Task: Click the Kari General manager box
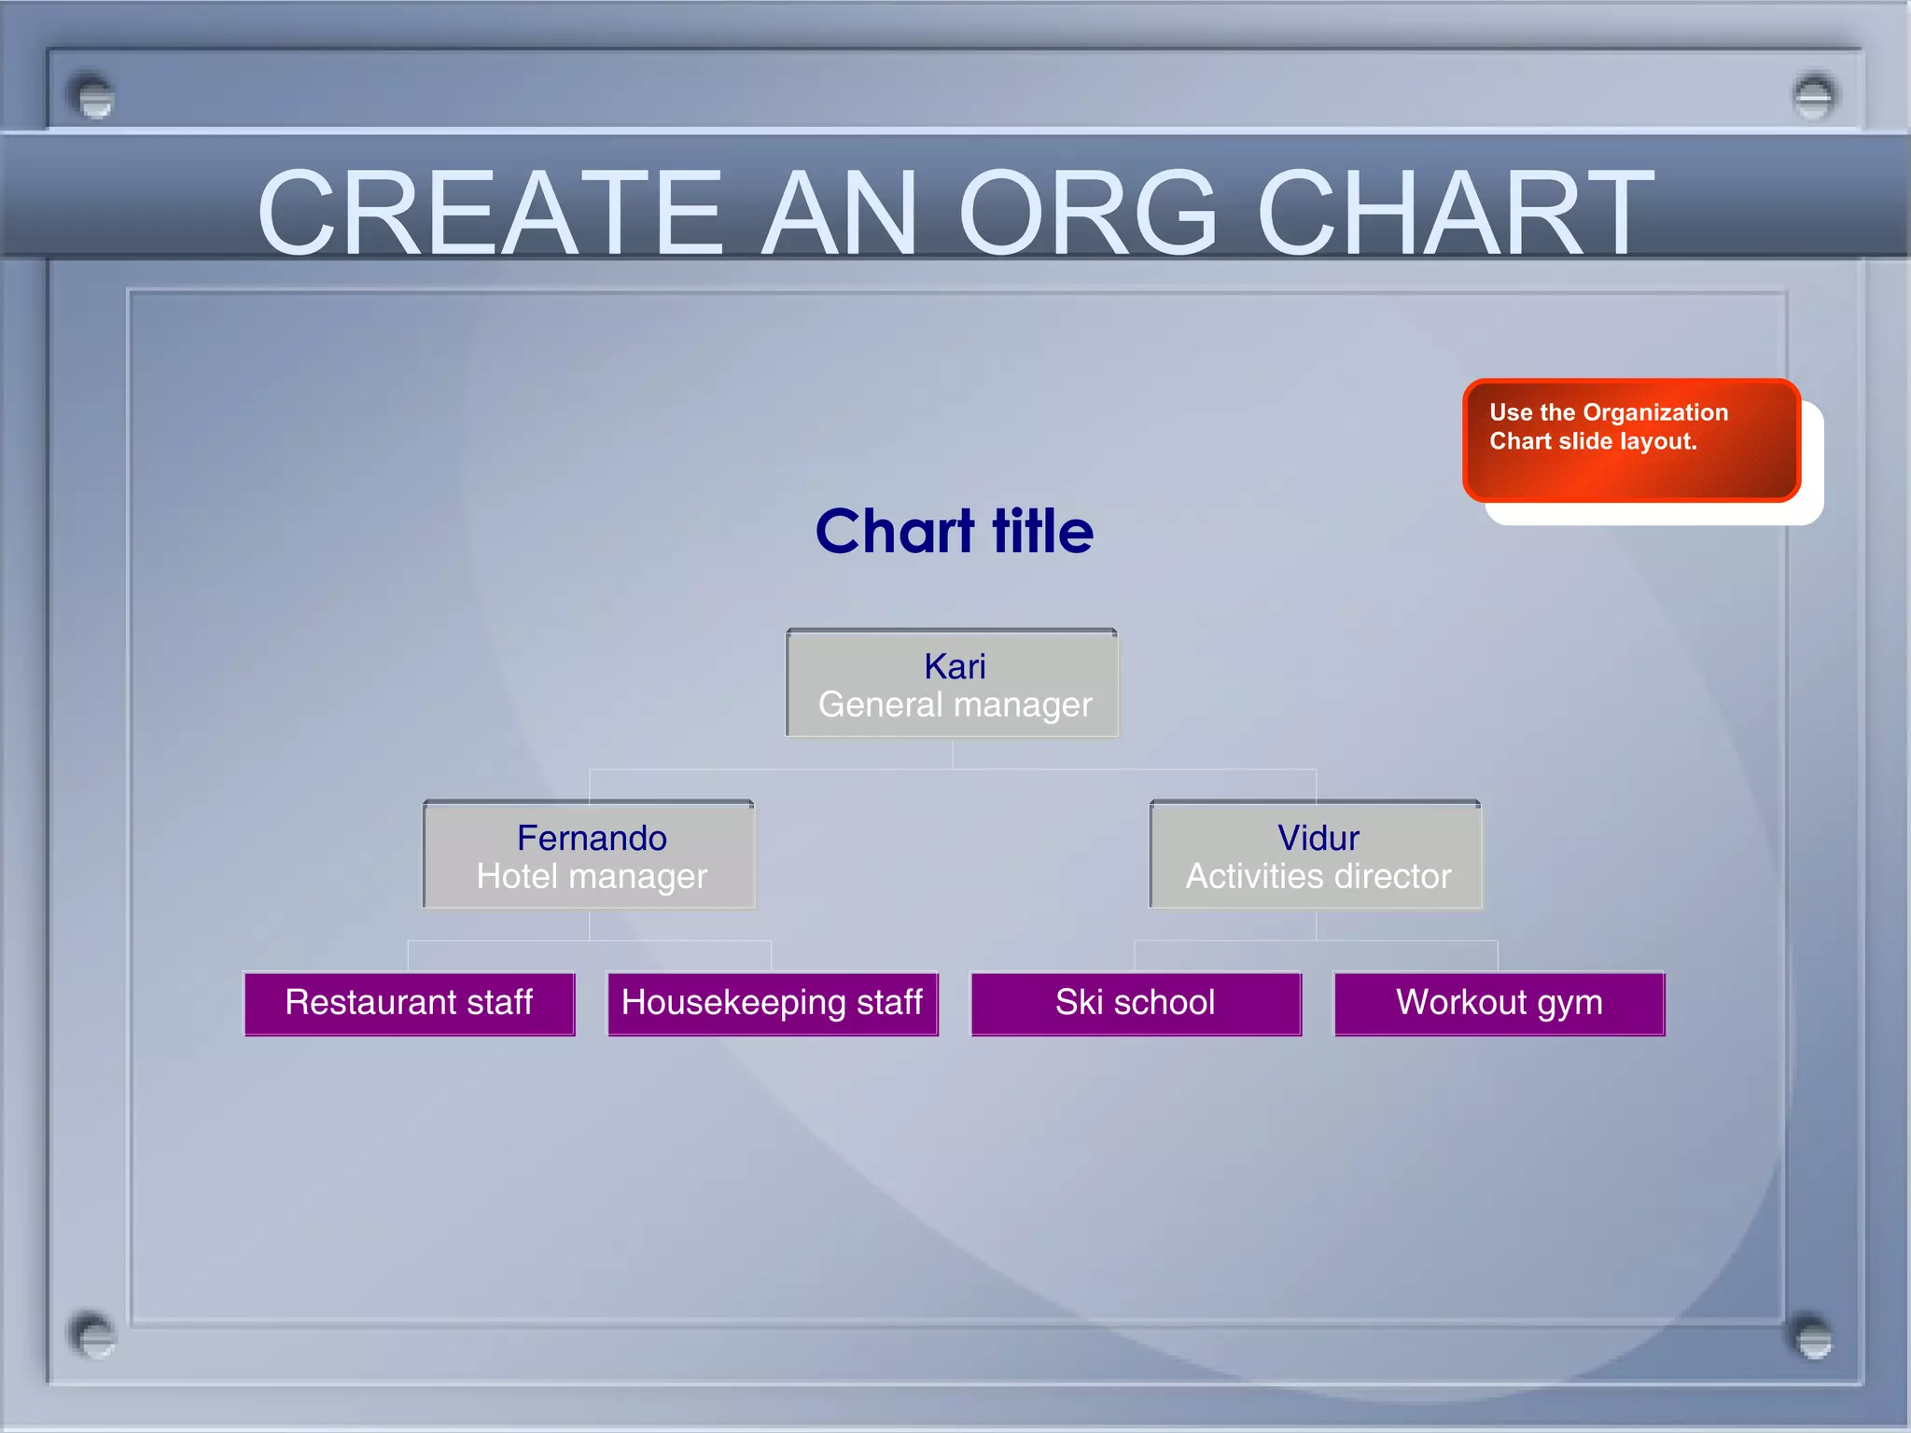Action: (x=953, y=685)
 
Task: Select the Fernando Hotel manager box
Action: (x=590, y=856)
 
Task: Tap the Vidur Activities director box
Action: (x=1317, y=856)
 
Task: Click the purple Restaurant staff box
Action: (x=410, y=1004)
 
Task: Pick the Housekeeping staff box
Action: (x=773, y=1004)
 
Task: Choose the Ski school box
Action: (x=1136, y=1004)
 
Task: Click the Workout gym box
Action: (x=1500, y=1004)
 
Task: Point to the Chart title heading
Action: (x=954, y=532)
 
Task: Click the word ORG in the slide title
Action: (x=1087, y=213)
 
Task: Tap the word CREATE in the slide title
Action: (x=490, y=213)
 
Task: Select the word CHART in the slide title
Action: (x=1456, y=213)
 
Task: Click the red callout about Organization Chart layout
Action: (x=1631, y=440)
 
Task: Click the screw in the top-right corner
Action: (x=1814, y=96)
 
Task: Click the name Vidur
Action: (x=1318, y=838)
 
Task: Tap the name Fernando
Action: (x=592, y=838)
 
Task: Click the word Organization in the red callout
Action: (x=1655, y=412)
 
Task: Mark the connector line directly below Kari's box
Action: (x=953, y=754)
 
